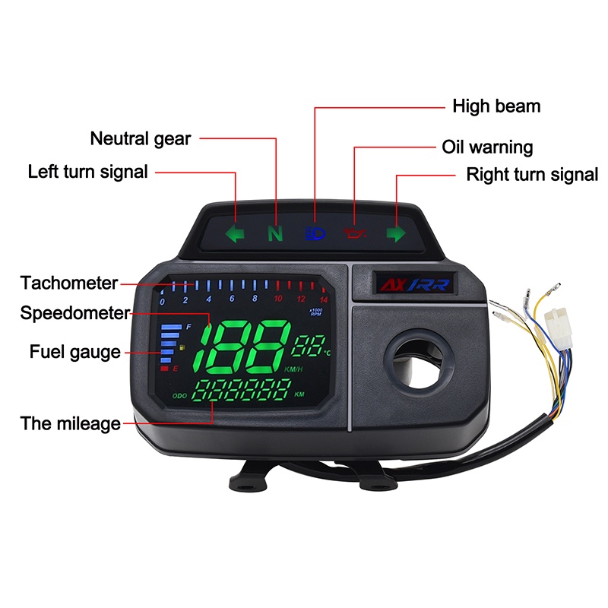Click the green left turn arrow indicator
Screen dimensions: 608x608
[x=235, y=233]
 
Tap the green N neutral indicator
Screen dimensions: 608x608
[x=275, y=233]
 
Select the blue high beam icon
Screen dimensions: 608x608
[x=315, y=233]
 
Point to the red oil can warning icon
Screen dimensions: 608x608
[x=355, y=233]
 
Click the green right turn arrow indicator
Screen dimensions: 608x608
[x=396, y=233]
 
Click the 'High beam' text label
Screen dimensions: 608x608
[x=496, y=106]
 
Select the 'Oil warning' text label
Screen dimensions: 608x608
[x=487, y=147]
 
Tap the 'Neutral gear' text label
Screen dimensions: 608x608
[x=141, y=139]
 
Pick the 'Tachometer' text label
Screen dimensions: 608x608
[x=69, y=283]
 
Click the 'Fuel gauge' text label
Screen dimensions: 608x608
[x=75, y=353]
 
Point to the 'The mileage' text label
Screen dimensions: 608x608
[x=70, y=423]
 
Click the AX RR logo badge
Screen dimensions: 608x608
[x=415, y=284]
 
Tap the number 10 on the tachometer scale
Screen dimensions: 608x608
[x=278, y=299]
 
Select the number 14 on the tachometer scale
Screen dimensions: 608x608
[x=324, y=299]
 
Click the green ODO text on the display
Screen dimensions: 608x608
[x=179, y=396]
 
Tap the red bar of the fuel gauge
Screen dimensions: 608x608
[x=164, y=368]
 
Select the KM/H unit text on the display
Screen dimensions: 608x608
[x=293, y=369]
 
